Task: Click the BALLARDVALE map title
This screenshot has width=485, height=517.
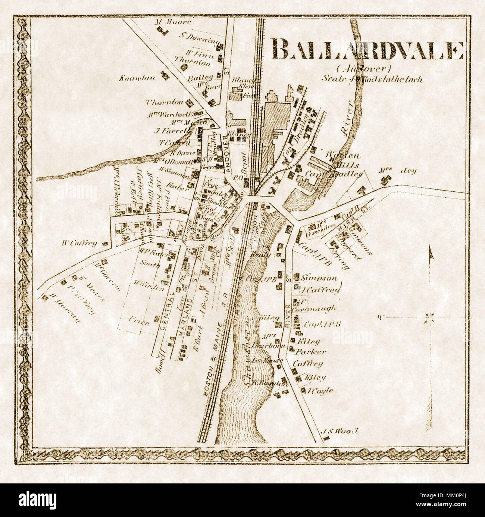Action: point(367,49)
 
